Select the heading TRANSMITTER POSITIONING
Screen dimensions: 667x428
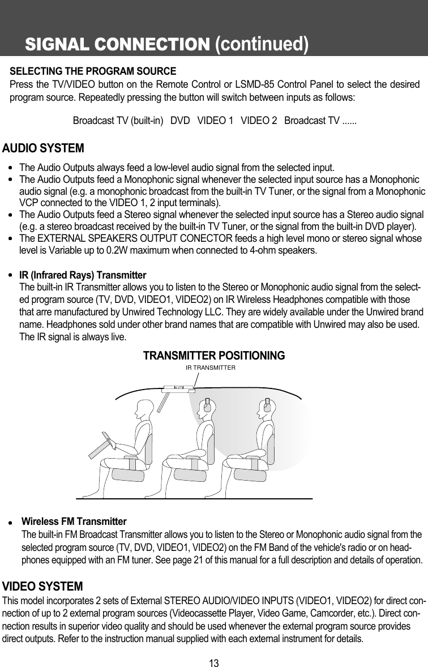pos(214,356)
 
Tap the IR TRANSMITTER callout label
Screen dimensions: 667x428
pos(211,367)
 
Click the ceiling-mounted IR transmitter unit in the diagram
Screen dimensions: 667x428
pos(178,388)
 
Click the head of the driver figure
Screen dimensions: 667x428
pos(144,408)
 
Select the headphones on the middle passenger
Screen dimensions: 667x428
pos(208,406)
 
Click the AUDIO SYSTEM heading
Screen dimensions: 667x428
pos(44,149)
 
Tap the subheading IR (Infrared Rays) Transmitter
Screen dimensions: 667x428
pos(83,275)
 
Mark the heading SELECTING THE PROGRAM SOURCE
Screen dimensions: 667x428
pos(93,72)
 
